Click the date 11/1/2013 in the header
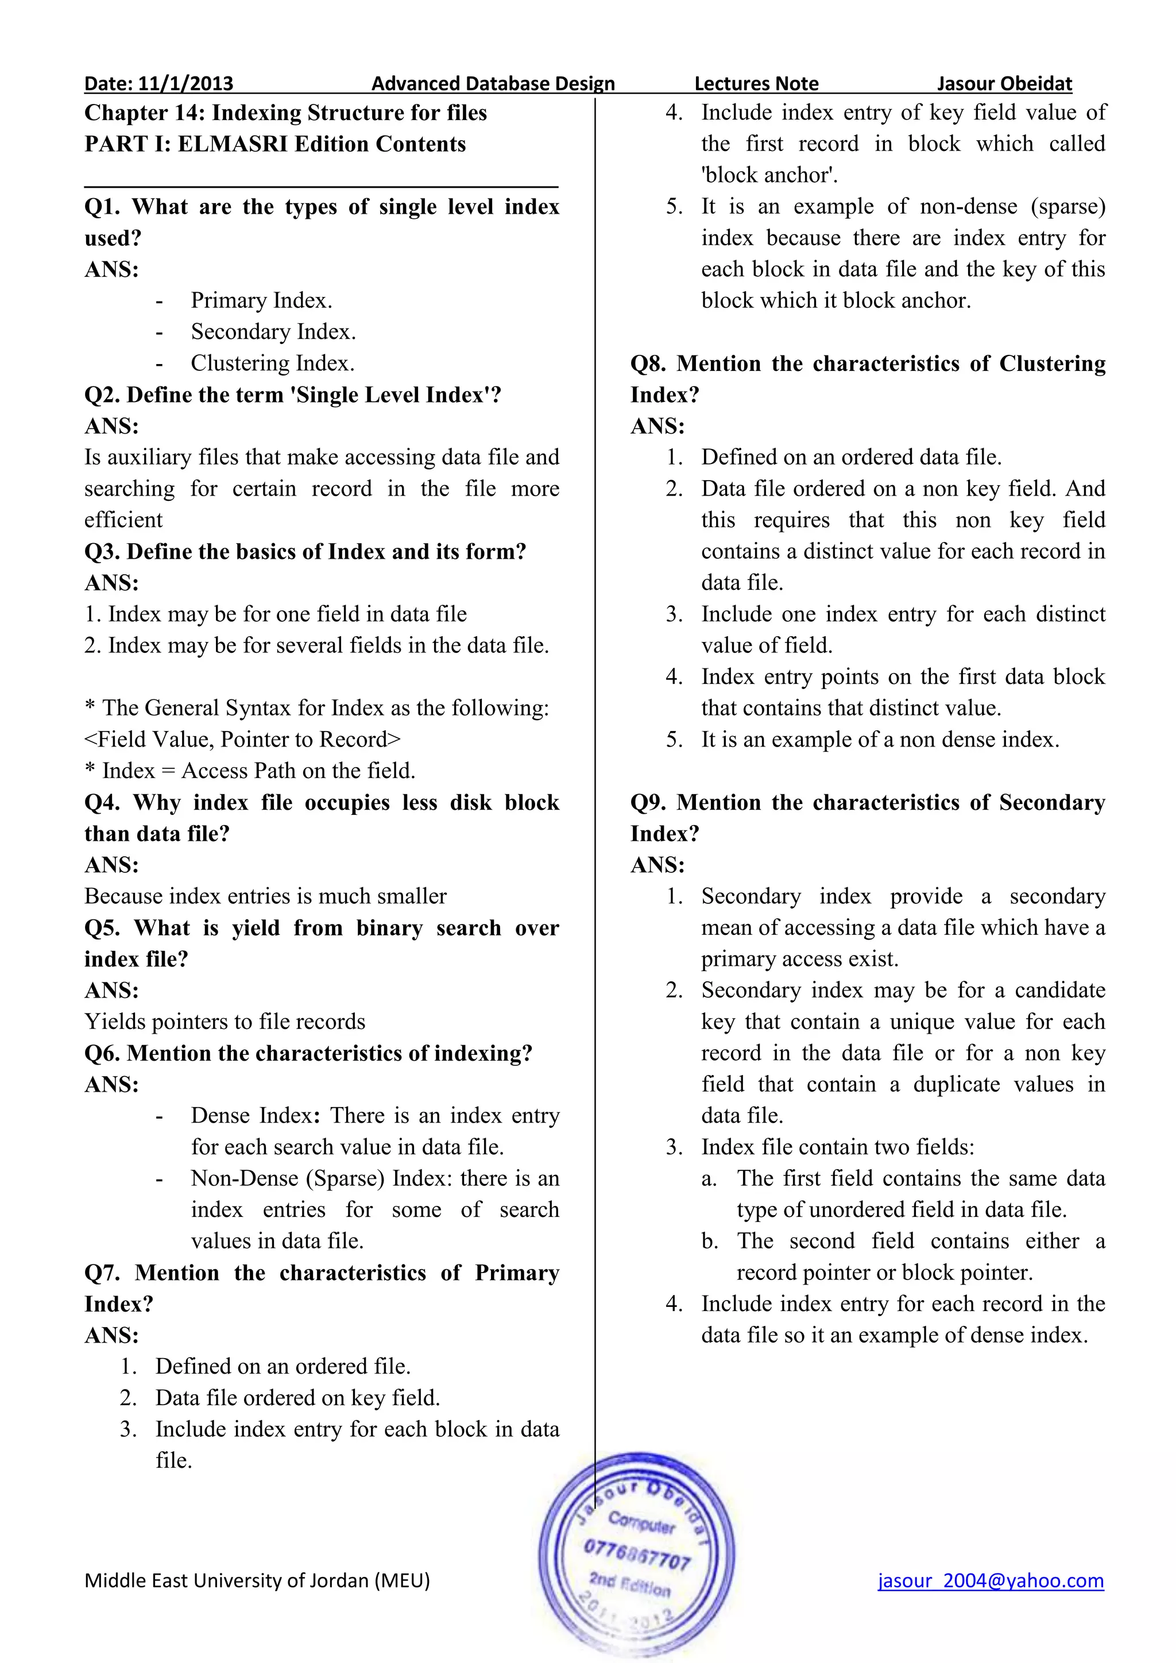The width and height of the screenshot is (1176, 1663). pyautogui.click(x=185, y=84)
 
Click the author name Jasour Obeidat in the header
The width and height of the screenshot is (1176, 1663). pyautogui.click(x=1004, y=84)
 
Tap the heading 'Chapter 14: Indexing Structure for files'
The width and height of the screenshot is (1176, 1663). pyautogui.click(x=285, y=113)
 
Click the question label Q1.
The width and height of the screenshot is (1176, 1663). pyautogui.click(x=102, y=207)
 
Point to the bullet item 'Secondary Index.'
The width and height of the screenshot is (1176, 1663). pyautogui.click(x=273, y=332)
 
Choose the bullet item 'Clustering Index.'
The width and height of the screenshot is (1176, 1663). pyautogui.click(x=272, y=363)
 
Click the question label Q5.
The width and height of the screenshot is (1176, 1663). pyautogui.click(x=102, y=928)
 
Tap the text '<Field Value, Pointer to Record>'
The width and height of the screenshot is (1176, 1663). pyautogui.click(x=242, y=740)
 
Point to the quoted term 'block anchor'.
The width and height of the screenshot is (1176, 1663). pyautogui.click(x=769, y=175)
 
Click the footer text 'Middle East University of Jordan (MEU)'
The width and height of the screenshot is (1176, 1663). pyautogui.click(x=257, y=1580)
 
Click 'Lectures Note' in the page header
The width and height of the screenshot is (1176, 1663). pyautogui.click(x=756, y=84)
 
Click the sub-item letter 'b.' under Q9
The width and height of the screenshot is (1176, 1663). pyautogui.click(x=709, y=1242)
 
